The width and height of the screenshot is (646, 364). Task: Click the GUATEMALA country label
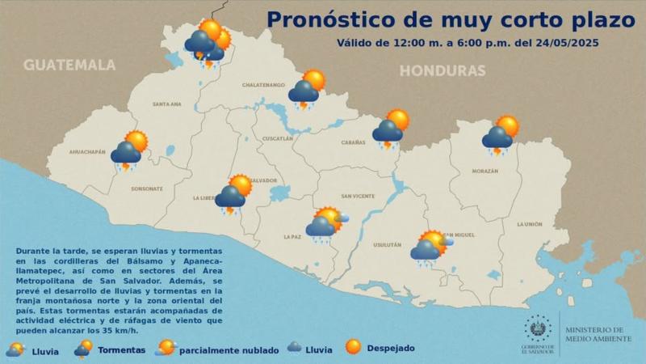69,66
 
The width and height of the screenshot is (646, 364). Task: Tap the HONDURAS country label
443,70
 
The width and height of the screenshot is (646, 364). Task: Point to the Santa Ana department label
167,104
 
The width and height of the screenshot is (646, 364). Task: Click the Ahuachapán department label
88,152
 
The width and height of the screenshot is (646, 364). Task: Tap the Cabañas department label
354,142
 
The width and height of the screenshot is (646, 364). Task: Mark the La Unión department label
530,224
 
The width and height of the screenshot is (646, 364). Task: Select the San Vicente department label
356,196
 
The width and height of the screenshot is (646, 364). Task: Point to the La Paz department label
292,236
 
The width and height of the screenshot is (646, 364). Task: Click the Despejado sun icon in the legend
353,347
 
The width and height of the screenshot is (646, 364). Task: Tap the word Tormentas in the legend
122,350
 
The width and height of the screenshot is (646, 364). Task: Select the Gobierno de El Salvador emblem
531,329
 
